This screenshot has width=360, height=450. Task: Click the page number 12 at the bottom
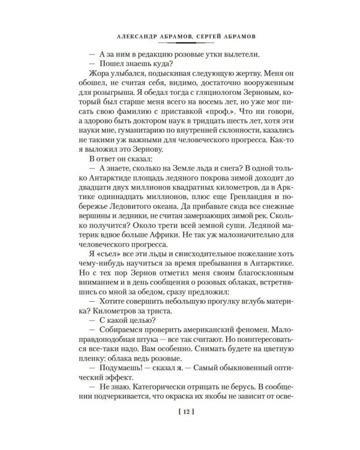pos(180,412)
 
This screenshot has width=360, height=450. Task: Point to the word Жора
pos(98,74)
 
